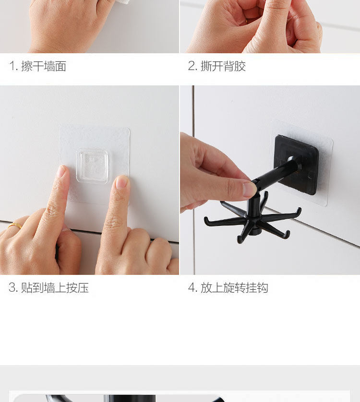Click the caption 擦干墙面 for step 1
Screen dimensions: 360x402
[x=44, y=66]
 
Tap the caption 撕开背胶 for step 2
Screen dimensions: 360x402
[x=223, y=66]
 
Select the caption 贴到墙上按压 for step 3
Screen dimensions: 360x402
[x=55, y=288]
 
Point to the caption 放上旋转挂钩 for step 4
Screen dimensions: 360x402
[x=234, y=288]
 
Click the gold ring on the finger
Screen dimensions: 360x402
[x=15, y=225]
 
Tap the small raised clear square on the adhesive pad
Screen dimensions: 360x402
[x=92, y=166]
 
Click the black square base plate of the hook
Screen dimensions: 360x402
[x=296, y=165]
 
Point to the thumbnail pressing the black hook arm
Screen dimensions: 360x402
[x=250, y=189]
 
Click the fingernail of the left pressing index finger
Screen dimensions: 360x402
[x=61, y=171]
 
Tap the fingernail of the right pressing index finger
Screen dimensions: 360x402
[x=121, y=182]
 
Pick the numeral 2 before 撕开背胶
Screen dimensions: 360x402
[x=192, y=66]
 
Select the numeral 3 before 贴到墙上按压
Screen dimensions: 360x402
[x=12, y=288]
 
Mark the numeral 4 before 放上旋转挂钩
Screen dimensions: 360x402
[x=192, y=288]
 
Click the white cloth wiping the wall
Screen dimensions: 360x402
[x=121, y=2]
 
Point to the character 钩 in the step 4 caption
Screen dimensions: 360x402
[x=263, y=288]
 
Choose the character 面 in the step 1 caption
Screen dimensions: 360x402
[x=60, y=66]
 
